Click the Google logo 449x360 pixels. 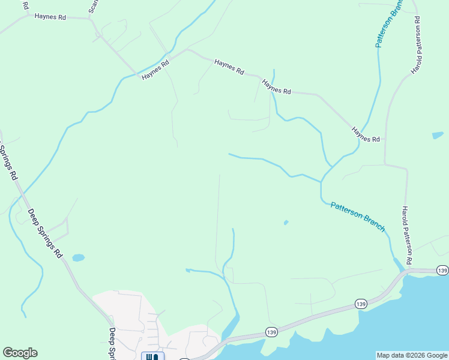20,353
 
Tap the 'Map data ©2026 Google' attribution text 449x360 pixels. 412,355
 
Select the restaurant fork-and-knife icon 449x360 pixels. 152,357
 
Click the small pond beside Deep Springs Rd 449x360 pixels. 78,258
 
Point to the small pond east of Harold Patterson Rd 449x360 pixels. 438,135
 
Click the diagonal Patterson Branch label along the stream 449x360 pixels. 358,217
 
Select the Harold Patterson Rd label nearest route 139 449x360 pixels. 406,235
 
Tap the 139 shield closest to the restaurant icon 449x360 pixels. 271,332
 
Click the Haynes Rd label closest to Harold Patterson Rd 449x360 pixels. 366,134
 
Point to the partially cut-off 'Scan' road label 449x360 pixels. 93,6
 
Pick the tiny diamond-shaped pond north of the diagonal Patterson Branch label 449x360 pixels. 286,222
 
